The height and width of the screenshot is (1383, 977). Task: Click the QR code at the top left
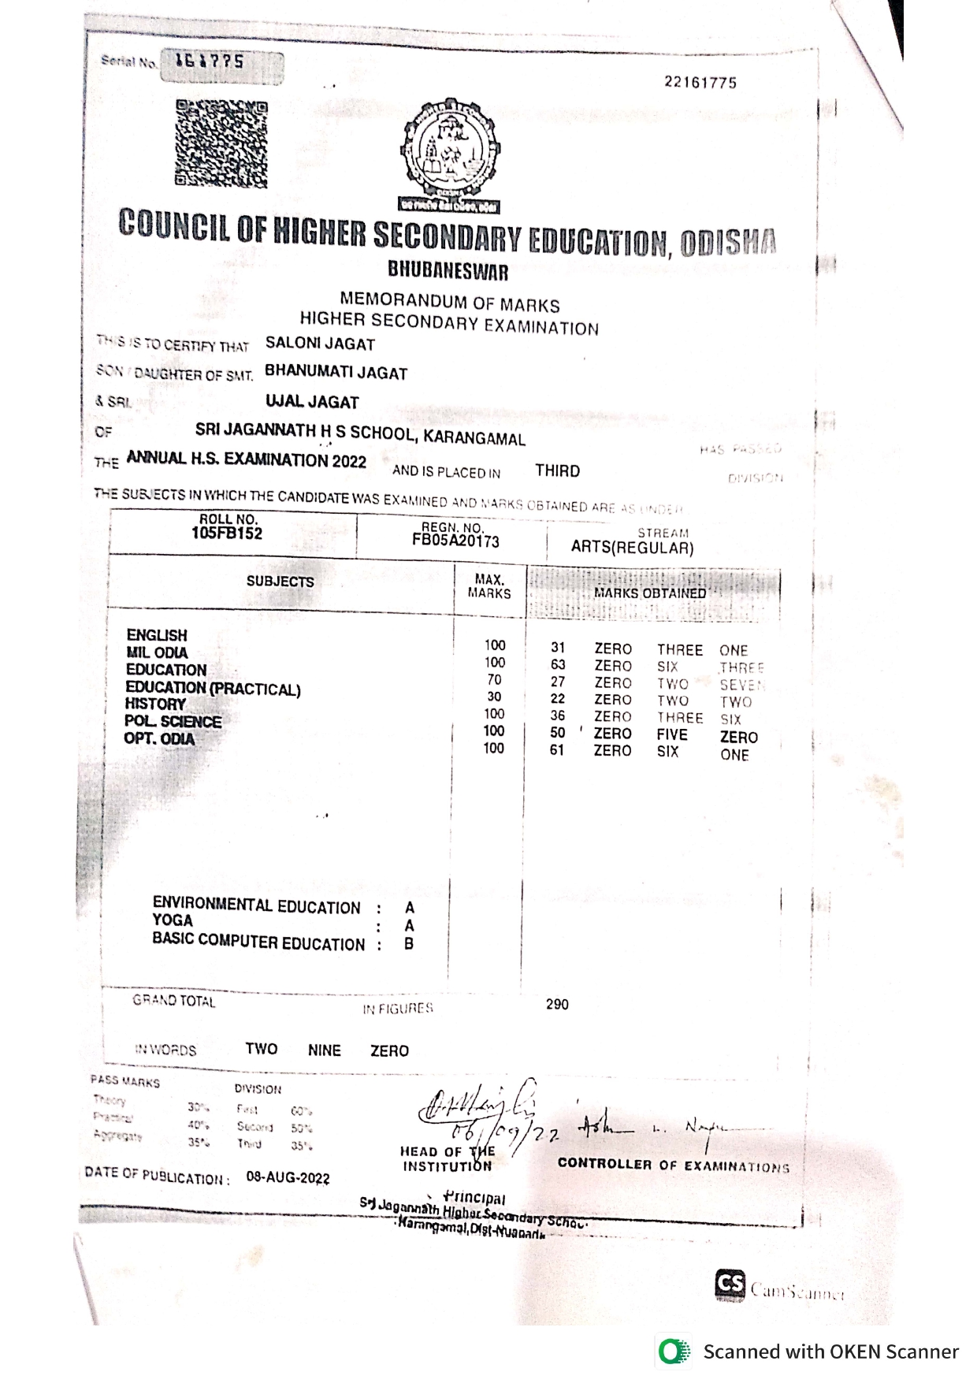[x=221, y=143]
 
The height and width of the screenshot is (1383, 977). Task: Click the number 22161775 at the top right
[x=700, y=83]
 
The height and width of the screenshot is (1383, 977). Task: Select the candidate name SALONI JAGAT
[x=320, y=344]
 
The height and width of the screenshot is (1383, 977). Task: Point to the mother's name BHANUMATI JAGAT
[x=336, y=372]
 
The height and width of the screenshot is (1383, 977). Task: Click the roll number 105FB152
[x=227, y=533]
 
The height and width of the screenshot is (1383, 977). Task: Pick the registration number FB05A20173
[x=455, y=541]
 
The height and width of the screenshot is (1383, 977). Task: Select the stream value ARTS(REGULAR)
[x=632, y=548]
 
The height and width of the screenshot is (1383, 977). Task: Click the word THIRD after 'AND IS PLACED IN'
[x=557, y=470]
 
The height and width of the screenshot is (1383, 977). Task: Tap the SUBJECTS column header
[x=280, y=582]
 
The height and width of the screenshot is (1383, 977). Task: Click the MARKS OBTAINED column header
[x=650, y=593]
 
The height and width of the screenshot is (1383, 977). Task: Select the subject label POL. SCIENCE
[x=173, y=721]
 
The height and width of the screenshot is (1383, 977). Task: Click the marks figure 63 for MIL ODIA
[x=558, y=664]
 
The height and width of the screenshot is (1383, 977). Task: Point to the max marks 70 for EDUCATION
[x=494, y=679]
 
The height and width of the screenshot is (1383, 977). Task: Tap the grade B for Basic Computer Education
[x=409, y=943]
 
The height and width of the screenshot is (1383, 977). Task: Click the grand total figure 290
[x=557, y=1004]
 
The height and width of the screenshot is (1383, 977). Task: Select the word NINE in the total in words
[x=324, y=1050]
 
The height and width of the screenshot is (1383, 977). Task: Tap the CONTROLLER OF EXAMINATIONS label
[x=673, y=1165]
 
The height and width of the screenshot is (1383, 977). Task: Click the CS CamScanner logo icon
[x=730, y=1285]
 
